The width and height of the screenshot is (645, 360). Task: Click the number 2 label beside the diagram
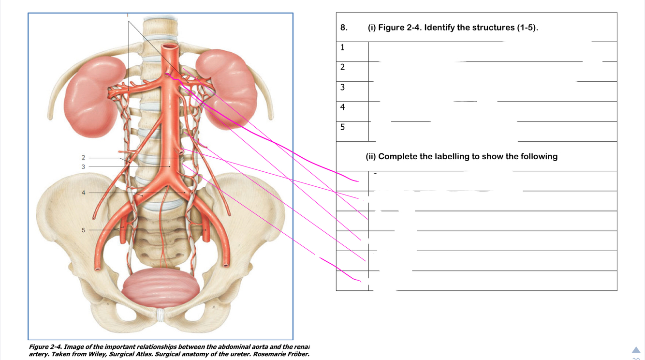click(83, 158)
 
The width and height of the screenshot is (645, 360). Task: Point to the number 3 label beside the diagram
click(83, 166)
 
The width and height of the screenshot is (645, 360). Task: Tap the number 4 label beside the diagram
click(83, 193)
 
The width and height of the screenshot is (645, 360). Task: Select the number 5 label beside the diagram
click(83, 230)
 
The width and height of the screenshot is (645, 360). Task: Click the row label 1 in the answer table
click(343, 47)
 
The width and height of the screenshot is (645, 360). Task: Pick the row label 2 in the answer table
click(343, 67)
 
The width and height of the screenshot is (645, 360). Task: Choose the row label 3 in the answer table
click(343, 88)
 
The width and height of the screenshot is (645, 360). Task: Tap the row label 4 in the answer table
click(343, 107)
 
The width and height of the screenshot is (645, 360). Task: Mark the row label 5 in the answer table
click(343, 127)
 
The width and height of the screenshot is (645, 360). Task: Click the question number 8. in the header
click(344, 28)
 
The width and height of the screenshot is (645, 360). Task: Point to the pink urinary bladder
click(161, 289)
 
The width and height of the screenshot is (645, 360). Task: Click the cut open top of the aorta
click(170, 48)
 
